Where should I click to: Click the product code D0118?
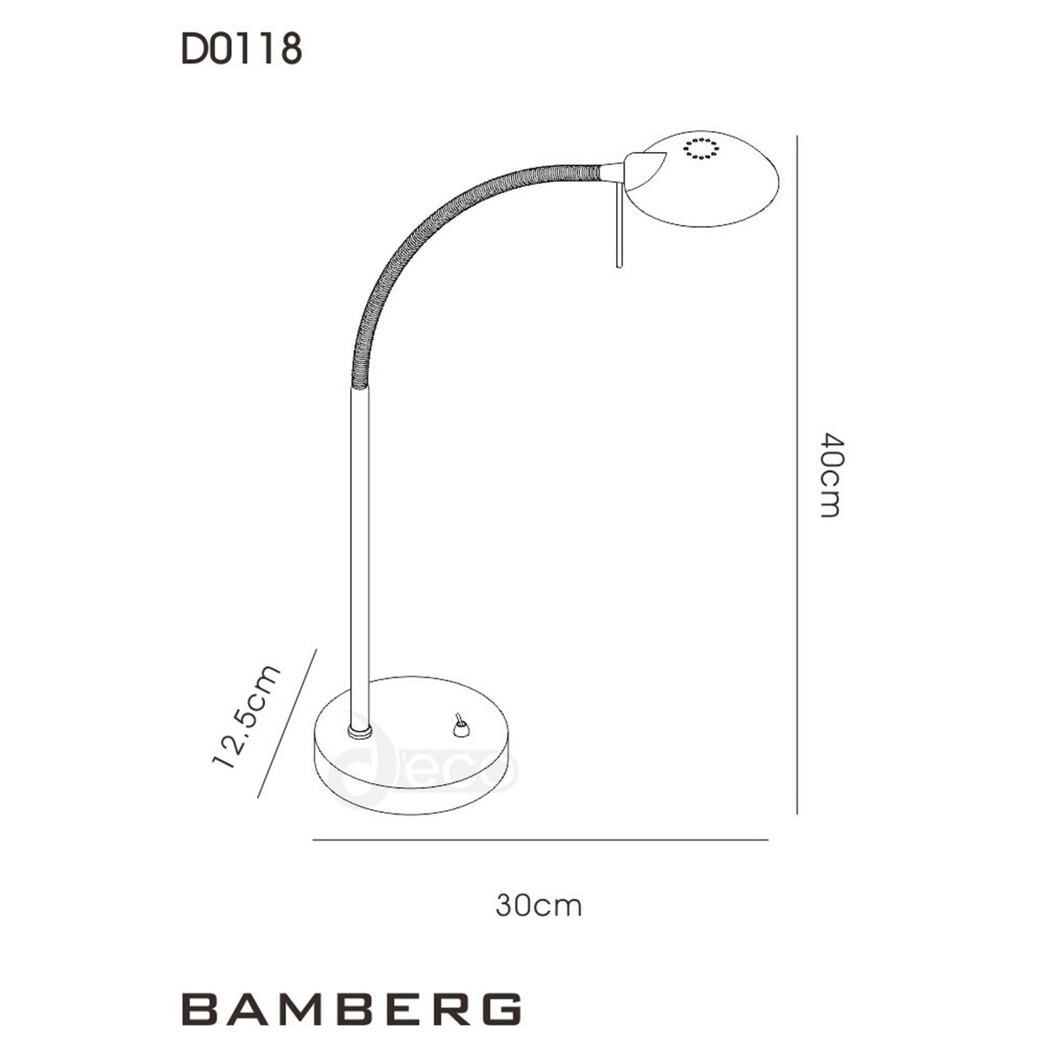241,50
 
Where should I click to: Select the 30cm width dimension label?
539,906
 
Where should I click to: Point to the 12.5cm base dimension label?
247,716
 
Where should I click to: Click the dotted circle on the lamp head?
701,149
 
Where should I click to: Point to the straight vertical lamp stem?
362,556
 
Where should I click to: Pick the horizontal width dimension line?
539,840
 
